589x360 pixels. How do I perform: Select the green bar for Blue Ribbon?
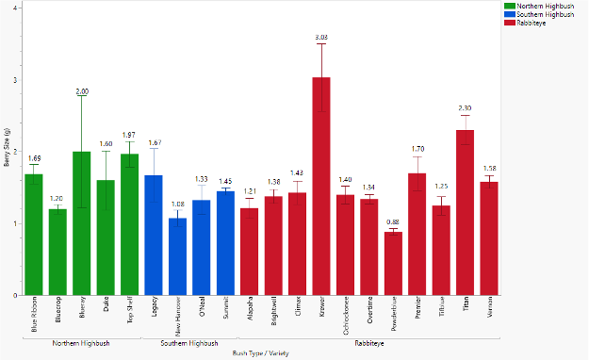click(34, 235)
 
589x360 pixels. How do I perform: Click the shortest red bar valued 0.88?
click(393, 263)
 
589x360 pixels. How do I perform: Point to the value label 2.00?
click(82, 91)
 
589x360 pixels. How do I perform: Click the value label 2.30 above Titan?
click(465, 108)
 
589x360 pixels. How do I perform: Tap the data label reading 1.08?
click(177, 204)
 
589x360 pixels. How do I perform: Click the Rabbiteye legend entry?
click(532, 22)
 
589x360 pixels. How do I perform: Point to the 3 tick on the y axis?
click(13, 80)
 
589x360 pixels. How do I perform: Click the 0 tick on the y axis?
click(13, 295)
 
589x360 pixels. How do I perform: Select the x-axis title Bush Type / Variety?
click(261, 354)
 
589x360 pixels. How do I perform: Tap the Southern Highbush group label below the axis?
click(189, 343)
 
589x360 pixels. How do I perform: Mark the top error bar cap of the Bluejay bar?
click(82, 97)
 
